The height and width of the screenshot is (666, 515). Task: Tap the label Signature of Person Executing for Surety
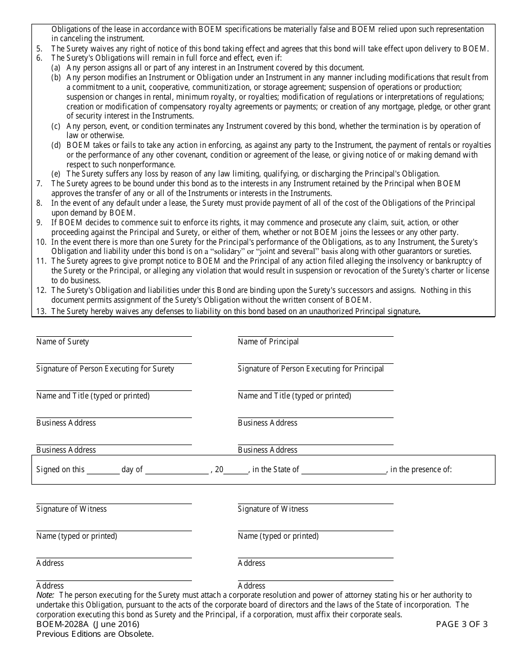coord(105,369)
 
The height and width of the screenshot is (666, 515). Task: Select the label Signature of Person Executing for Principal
coord(311,369)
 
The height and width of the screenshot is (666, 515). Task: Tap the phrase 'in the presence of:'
coord(421,469)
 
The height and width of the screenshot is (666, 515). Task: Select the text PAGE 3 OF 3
coord(462,624)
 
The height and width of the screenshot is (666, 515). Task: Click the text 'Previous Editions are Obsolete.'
coord(95,634)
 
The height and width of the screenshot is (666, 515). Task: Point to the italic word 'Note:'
coord(46,595)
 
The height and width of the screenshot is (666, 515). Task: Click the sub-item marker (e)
coord(56,174)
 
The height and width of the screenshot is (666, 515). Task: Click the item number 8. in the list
coord(40,203)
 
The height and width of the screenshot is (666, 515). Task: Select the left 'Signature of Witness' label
coord(72,509)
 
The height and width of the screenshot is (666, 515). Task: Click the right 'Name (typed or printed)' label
coord(278,536)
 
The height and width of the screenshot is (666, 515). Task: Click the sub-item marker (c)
coord(56,126)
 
